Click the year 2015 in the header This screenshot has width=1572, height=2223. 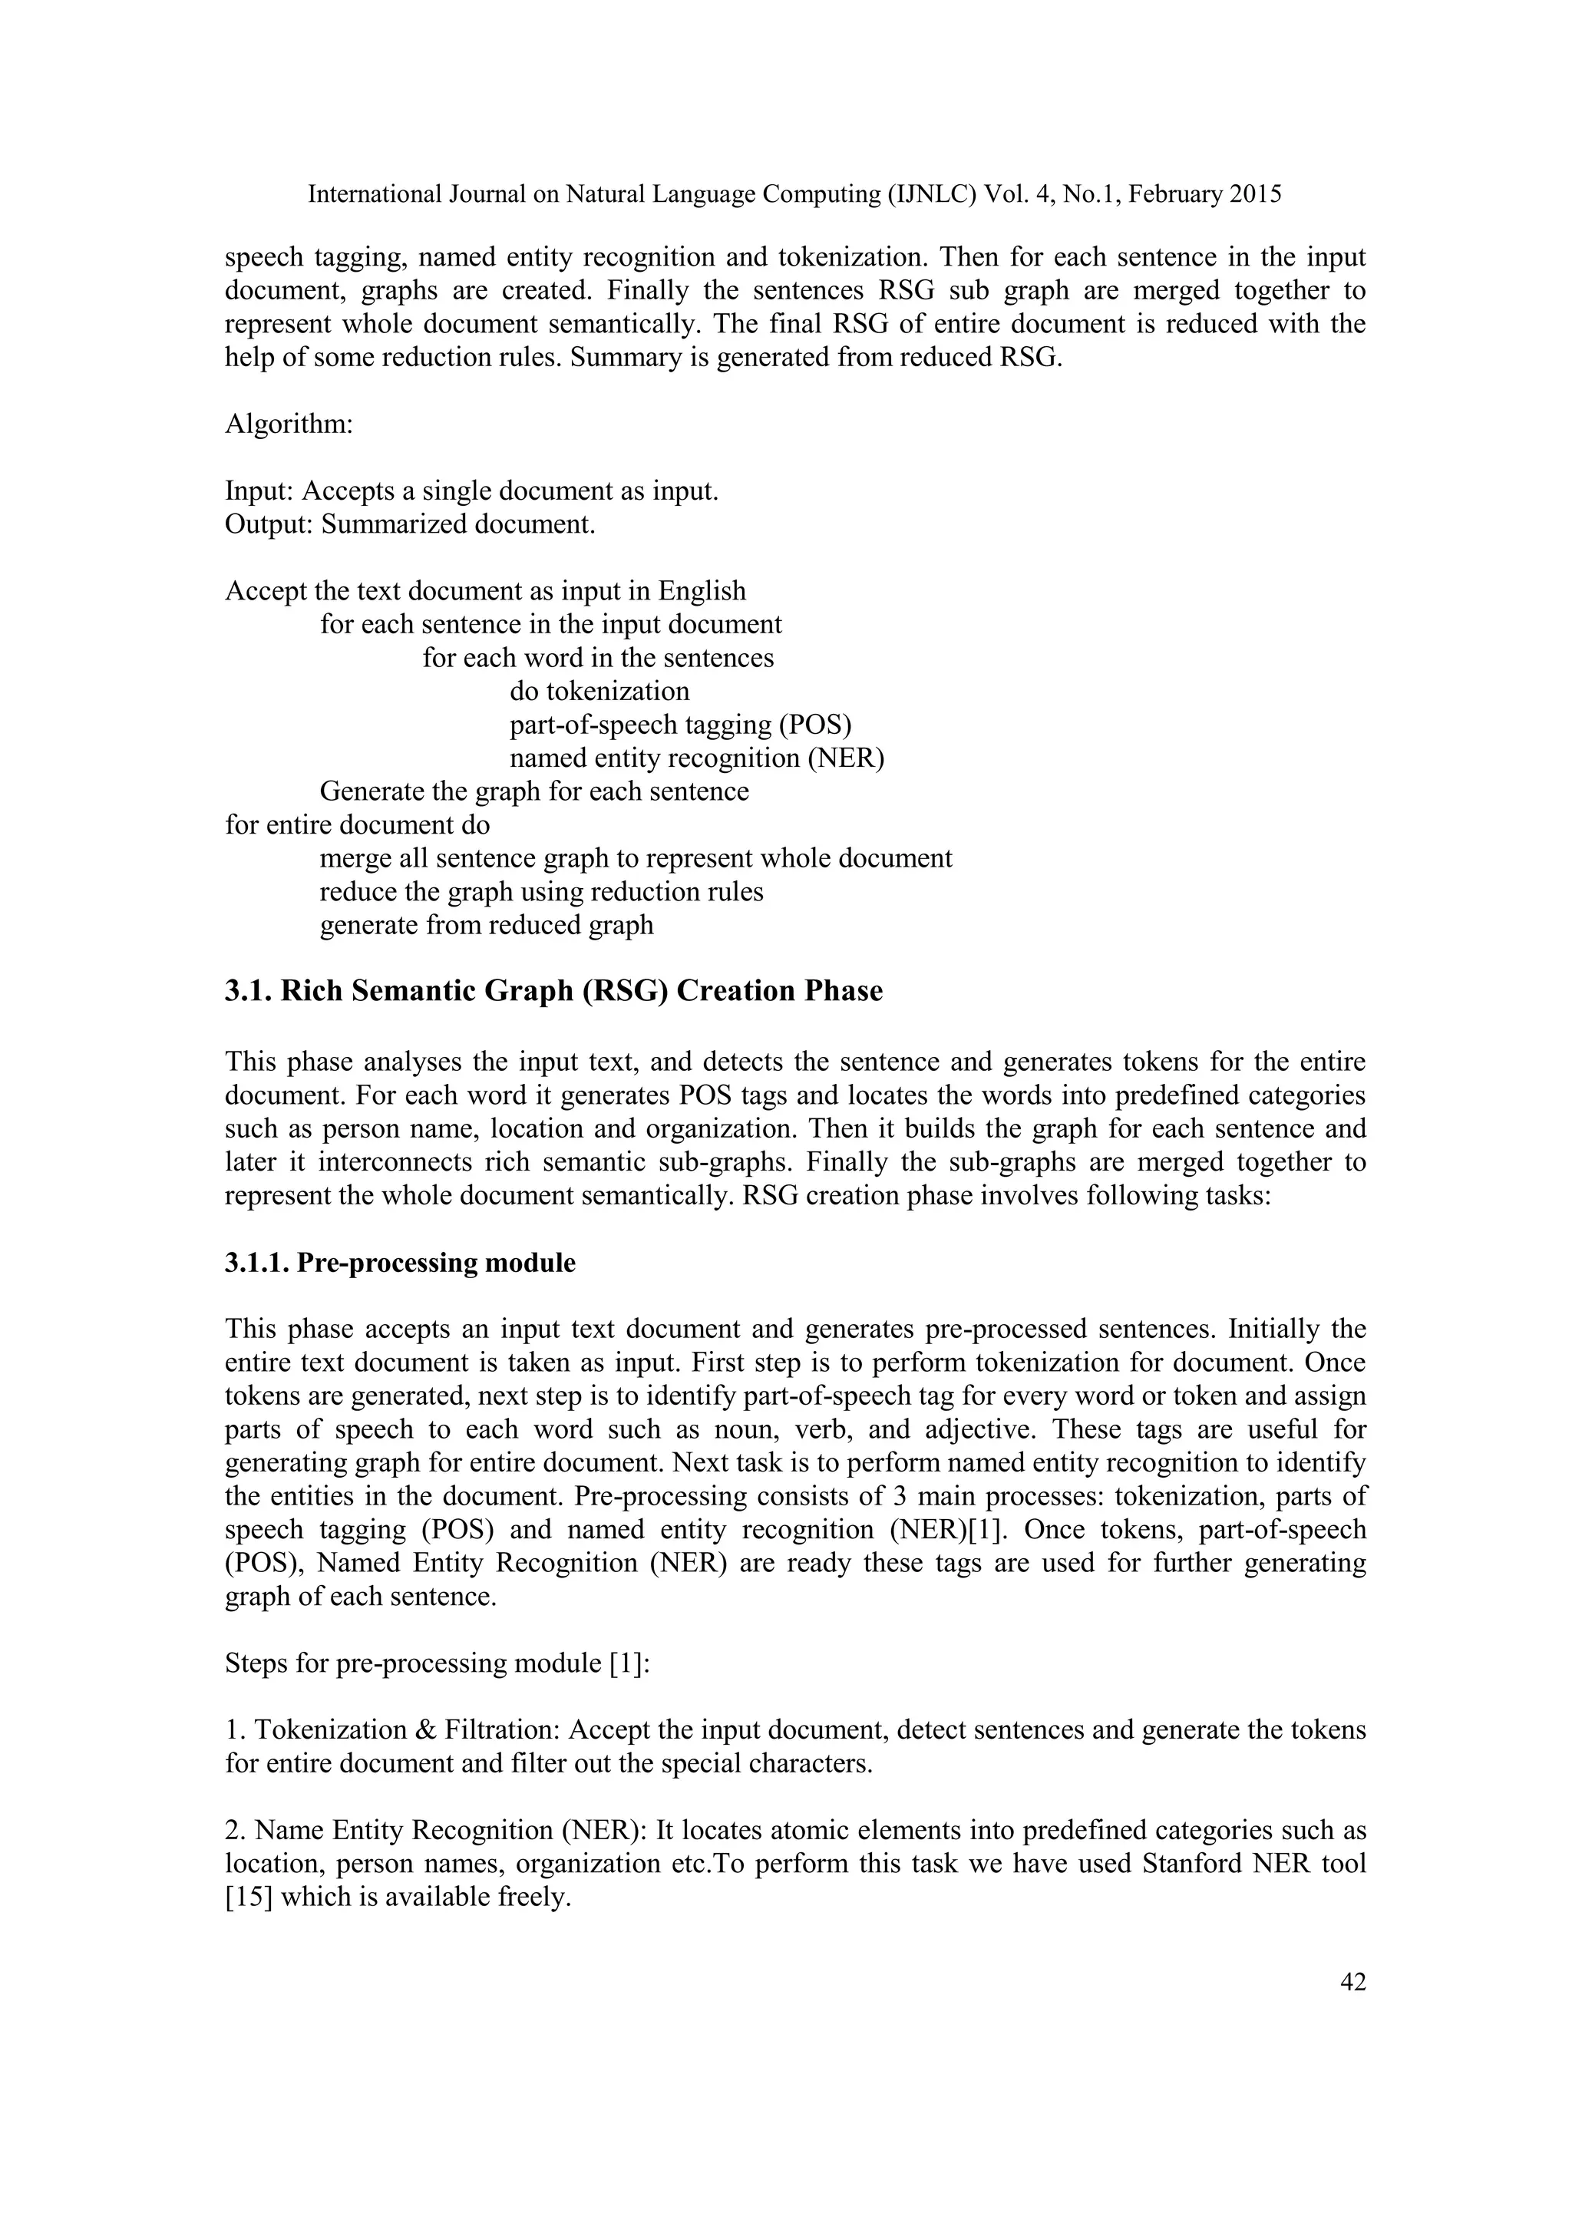click(x=1256, y=195)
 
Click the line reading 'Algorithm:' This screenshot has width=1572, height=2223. click(x=289, y=424)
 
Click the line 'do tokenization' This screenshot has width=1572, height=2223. click(x=599, y=692)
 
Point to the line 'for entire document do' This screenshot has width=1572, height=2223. click(x=357, y=825)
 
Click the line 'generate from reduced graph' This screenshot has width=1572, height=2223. click(x=487, y=926)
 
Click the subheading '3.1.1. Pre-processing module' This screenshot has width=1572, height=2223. click(x=400, y=1263)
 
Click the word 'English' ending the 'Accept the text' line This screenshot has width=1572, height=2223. click(x=702, y=590)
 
